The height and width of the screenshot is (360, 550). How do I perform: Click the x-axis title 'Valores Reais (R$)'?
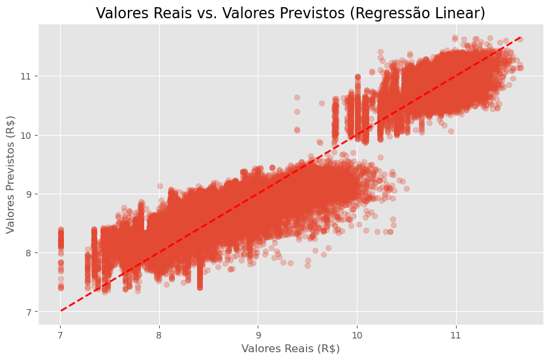point(290,348)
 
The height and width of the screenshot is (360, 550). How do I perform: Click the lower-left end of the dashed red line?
point(61,311)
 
